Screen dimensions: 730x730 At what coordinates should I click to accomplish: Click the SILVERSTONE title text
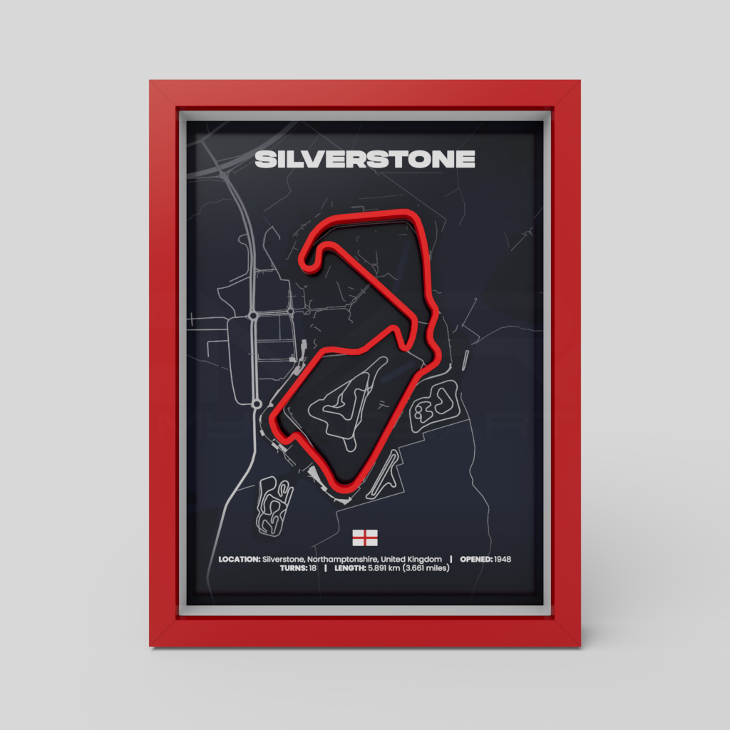click(364, 159)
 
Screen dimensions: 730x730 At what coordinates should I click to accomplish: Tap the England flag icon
click(365, 536)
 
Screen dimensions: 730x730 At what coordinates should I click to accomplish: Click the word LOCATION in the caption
click(239, 559)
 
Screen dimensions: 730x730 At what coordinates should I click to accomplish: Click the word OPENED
click(475, 559)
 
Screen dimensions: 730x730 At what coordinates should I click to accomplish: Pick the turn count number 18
click(312, 569)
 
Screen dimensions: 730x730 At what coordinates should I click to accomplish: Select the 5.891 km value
click(385, 569)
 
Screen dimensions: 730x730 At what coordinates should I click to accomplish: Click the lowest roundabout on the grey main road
click(255, 404)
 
